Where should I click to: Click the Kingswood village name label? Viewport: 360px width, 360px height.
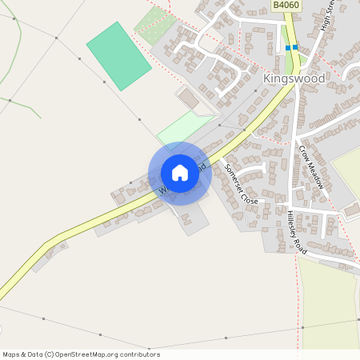point(294,79)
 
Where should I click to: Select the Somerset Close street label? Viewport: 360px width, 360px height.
point(241,184)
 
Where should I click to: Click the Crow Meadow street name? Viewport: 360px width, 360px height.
point(313,166)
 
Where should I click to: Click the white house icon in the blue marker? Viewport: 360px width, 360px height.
point(180,173)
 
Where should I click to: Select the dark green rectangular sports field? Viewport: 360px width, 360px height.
point(118,56)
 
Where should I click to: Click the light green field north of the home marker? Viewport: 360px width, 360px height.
point(183,127)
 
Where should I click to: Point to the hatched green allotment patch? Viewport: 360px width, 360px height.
point(154,25)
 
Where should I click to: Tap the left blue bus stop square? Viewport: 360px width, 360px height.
point(288,48)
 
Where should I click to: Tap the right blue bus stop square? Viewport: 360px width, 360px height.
point(295,48)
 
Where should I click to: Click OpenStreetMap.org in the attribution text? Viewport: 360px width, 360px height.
point(88,354)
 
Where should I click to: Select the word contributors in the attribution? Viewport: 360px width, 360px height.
point(141,354)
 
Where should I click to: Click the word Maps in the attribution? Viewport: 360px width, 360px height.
point(11,354)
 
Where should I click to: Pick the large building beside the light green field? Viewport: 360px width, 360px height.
point(189,99)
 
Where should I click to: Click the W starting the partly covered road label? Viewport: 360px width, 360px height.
point(162,191)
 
